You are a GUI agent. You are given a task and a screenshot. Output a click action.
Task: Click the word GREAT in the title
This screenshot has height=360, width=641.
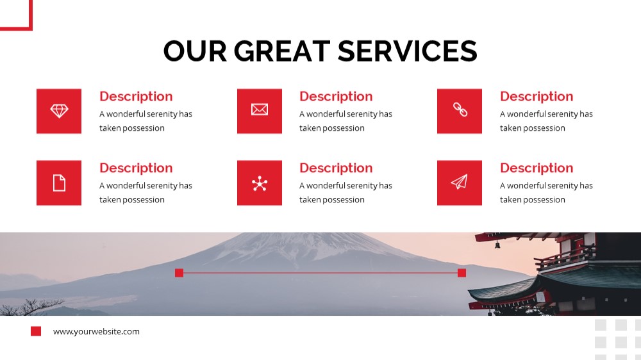(281, 51)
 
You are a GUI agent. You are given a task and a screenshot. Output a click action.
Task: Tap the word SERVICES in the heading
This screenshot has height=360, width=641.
(408, 51)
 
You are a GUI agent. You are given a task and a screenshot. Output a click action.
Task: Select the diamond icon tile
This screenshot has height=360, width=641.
(59, 111)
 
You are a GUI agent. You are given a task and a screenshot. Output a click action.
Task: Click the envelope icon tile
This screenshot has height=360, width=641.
(260, 111)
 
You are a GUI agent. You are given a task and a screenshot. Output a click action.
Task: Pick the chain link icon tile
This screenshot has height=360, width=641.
(460, 111)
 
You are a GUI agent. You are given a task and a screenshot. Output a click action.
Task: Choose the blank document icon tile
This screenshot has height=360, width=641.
(59, 183)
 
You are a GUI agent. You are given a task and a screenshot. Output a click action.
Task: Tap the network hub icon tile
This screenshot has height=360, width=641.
(260, 183)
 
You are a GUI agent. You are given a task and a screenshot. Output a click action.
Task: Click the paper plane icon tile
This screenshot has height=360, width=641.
(460, 183)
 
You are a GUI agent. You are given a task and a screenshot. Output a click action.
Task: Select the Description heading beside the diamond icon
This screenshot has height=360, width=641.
(136, 97)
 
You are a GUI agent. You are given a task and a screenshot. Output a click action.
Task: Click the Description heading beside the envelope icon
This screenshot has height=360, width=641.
(336, 97)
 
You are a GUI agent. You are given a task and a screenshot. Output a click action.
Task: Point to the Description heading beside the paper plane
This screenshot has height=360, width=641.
(537, 168)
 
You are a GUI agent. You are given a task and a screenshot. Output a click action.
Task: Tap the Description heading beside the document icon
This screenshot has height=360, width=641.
(136, 168)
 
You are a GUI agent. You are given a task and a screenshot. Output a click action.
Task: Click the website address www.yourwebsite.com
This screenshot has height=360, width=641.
(96, 331)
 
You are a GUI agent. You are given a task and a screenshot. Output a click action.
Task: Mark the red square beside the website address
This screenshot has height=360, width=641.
(36, 331)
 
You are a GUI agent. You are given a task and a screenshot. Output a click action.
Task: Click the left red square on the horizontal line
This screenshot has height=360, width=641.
(179, 273)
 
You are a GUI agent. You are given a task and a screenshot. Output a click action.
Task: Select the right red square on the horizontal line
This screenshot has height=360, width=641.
(462, 273)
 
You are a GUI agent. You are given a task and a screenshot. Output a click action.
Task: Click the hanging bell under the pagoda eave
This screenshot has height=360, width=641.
(497, 245)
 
